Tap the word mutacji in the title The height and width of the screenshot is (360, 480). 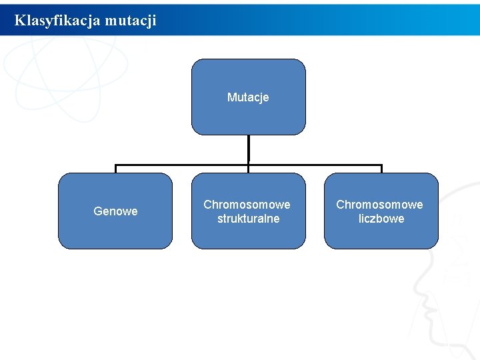coord(131,21)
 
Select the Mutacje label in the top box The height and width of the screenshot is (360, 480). coord(248,97)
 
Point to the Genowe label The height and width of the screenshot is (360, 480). coord(115,211)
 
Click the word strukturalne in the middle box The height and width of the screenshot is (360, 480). coord(248,219)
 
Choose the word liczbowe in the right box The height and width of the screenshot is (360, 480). coord(381,219)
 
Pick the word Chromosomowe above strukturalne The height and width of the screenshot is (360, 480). coord(247,204)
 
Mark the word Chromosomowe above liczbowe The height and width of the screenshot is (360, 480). coord(379,204)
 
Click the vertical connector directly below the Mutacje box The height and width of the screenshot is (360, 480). coord(248,150)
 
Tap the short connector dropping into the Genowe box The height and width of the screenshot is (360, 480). coord(115,169)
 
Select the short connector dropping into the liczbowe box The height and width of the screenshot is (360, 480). coord(381,169)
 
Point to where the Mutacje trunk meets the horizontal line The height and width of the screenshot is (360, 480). coord(248,165)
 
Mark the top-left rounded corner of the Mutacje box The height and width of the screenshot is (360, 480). coord(195,62)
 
